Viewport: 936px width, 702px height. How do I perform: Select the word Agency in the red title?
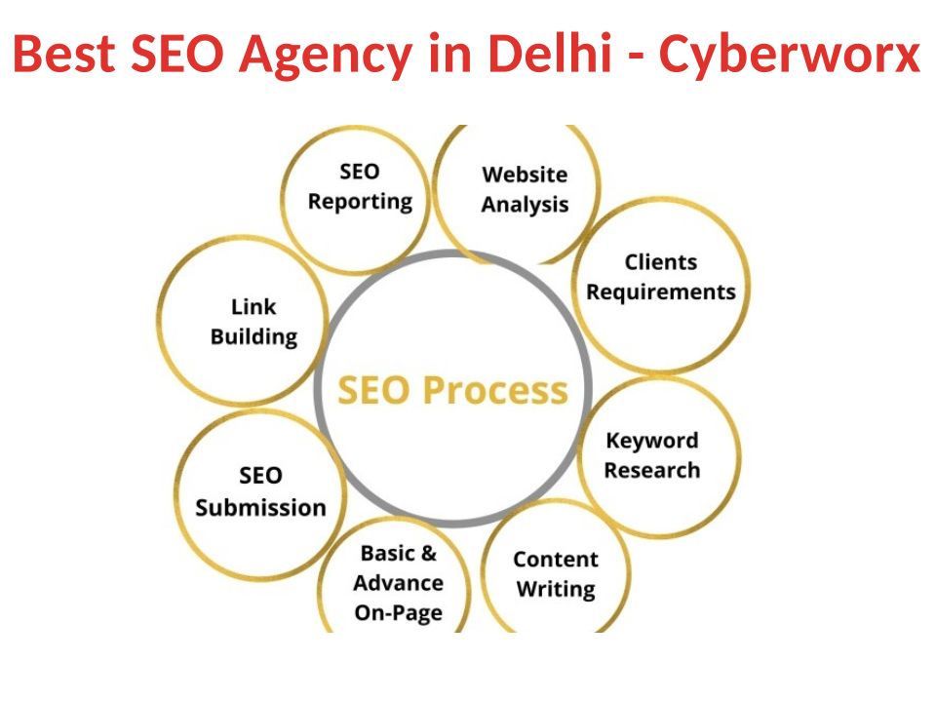point(326,56)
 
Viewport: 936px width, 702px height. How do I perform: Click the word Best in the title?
point(63,53)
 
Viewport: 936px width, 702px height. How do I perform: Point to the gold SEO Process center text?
point(452,390)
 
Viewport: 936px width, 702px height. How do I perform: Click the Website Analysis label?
point(525,189)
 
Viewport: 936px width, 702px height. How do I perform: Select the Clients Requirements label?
point(661,277)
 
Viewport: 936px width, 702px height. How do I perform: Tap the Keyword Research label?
point(652,455)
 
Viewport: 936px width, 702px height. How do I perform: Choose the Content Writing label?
point(556,573)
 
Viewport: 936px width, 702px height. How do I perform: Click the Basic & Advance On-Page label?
point(398,583)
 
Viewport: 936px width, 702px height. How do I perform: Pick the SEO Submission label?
point(261,491)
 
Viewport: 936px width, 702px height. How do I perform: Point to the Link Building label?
point(253,322)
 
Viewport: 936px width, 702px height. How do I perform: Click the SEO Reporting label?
point(360,186)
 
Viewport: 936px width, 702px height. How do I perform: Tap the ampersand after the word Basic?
point(429,554)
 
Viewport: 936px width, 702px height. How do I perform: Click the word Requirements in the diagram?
point(661,292)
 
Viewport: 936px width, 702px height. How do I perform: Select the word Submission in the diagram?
point(261,507)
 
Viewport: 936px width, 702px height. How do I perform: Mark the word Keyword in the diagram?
point(652,441)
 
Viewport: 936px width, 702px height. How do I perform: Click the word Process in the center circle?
point(495,390)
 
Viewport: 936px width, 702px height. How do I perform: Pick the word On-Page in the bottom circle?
point(398,613)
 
